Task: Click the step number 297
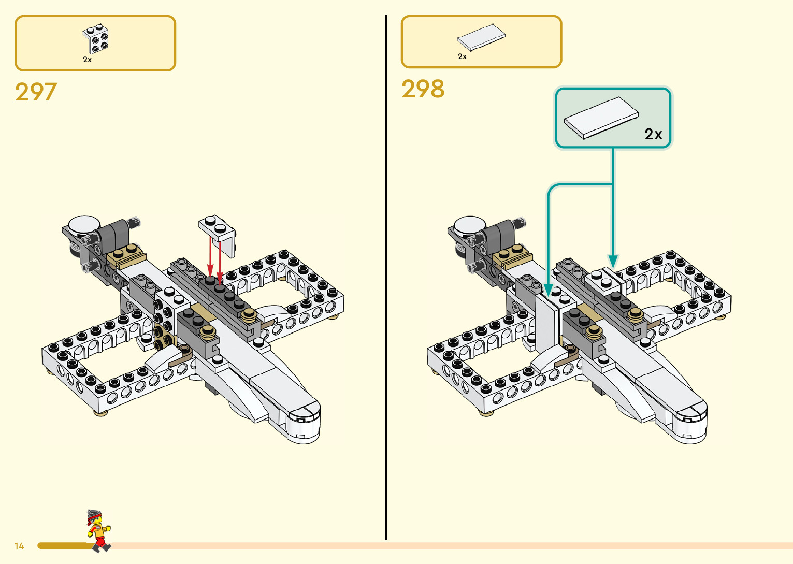(x=36, y=92)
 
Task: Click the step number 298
(x=423, y=89)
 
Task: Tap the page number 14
(x=20, y=546)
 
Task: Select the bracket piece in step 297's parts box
(x=96, y=39)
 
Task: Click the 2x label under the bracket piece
(x=88, y=60)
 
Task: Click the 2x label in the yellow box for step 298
(x=463, y=57)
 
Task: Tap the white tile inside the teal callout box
(x=600, y=118)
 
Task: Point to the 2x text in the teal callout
(x=653, y=135)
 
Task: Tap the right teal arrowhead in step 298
(x=613, y=261)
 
